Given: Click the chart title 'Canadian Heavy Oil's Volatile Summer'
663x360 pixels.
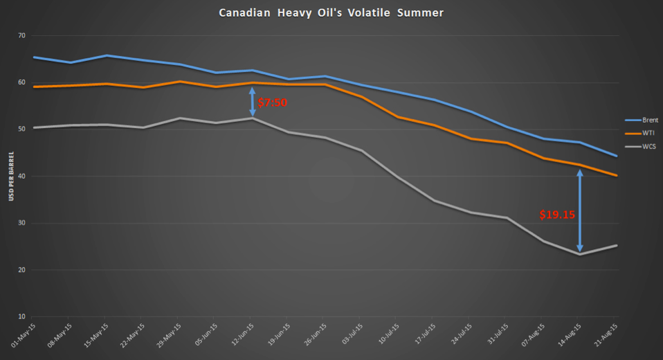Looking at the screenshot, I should coord(331,12).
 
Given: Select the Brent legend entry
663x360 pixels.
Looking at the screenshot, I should coord(641,120).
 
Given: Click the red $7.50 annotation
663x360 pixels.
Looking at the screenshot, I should coord(272,102).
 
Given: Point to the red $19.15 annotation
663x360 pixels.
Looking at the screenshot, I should coord(557,215).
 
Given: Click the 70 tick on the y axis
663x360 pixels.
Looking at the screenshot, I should coord(21,36).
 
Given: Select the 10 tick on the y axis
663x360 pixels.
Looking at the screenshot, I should coord(21,317).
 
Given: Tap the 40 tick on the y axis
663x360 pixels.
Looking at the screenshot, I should coord(21,177).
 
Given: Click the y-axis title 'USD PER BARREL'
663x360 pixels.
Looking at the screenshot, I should coord(11,177).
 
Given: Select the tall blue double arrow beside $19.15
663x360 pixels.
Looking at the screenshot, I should coord(580,210).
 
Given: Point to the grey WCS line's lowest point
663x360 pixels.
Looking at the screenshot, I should coord(580,254).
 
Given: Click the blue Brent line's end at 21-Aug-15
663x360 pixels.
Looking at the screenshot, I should coord(617,156).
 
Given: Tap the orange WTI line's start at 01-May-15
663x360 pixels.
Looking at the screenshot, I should coord(33,87).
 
